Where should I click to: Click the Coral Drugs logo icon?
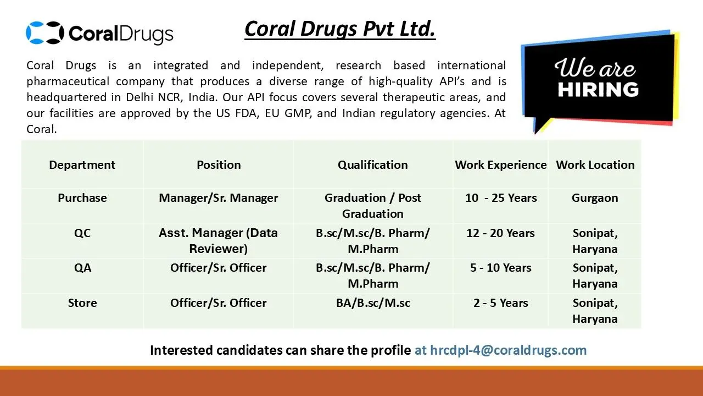pyautogui.click(x=45, y=32)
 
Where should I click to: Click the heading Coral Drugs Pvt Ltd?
pyautogui.click(x=340, y=29)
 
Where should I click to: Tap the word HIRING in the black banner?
pyautogui.click(x=598, y=90)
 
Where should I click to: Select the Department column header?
pyautogui.click(x=82, y=164)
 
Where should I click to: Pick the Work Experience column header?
pyautogui.click(x=501, y=164)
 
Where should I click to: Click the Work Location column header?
pyautogui.click(x=595, y=164)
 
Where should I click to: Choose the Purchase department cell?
pyautogui.click(x=82, y=197)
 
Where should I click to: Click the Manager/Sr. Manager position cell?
pyautogui.click(x=219, y=198)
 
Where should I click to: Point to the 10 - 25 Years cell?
pyautogui.click(x=501, y=197)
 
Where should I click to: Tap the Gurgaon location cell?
pyautogui.click(x=595, y=198)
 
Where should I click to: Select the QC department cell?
pyautogui.click(x=82, y=233)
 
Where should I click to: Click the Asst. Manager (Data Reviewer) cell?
pyautogui.click(x=219, y=241)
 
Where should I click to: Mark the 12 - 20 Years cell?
pyautogui.click(x=500, y=233)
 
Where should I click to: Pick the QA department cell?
pyautogui.click(x=82, y=268)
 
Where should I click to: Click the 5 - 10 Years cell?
pyautogui.click(x=500, y=268)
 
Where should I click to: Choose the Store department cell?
pyautogui.click(x=82, y=303)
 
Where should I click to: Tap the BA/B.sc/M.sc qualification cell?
pyautogui.click(x=373, y=303)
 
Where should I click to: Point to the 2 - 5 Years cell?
pyautogui.click(x=500, y=303)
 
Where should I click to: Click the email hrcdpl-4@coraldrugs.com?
pyautogui.click(x=508, y=350)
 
